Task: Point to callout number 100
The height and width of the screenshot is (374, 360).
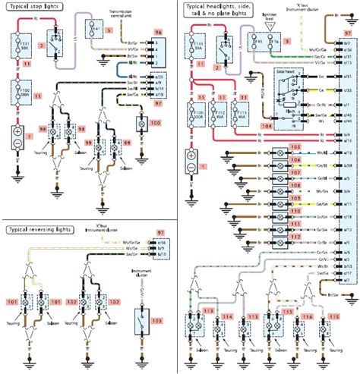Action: click(x=156, y=122)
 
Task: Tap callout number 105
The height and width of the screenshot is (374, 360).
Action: click(x=296, y=146)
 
